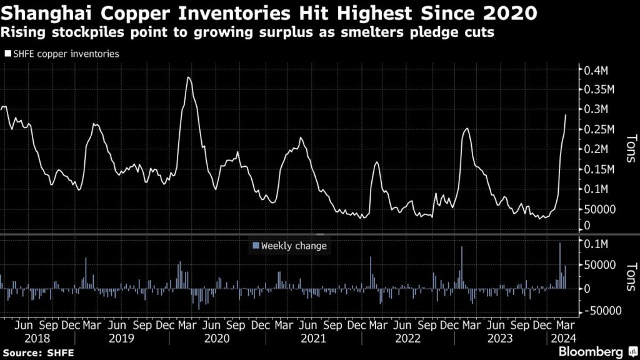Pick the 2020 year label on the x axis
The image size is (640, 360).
(x=217, y=338)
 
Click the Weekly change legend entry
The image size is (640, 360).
(x=293, y=246)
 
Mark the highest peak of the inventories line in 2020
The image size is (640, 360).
(x=189, y=77)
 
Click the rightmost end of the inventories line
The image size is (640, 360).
(x=566, y=115)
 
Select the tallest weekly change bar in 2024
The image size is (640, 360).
(x=560, y=243)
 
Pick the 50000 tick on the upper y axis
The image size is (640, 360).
(x=601, y=209)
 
